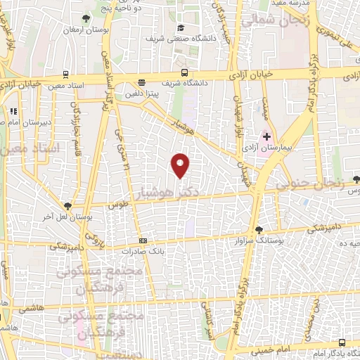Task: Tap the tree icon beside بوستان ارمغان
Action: [86, 18]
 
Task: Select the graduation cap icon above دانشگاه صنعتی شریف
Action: [181, 27]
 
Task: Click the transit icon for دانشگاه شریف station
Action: [184, 72]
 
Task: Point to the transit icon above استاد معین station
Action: [65, 73]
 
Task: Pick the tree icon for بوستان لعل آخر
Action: [67, 205]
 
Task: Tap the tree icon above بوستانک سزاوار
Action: [259, 229]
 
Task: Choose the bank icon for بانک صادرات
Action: [143, 240]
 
